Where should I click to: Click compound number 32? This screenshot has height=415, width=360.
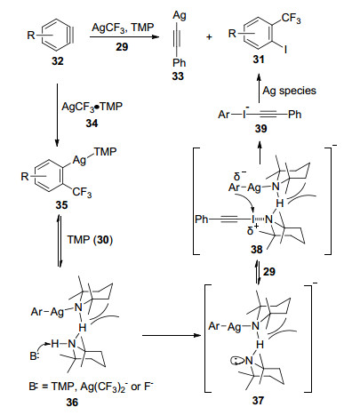pos(58,61)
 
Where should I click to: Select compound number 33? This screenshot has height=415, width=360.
pos(178,76)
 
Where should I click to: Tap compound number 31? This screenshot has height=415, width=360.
pos(259,60)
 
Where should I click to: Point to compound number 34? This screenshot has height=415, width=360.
pos(92,123)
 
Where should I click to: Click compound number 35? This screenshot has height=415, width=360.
pos(61,205)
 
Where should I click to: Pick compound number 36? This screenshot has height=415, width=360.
pos(72,403)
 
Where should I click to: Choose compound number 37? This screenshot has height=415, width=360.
pos(258,400)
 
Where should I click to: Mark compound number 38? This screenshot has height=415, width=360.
pos(257,250)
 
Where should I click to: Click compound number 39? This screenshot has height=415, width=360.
pos(260,128)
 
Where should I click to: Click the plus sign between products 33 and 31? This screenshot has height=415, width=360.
pos(209,37)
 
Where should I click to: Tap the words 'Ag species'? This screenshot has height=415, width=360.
pos(290,91)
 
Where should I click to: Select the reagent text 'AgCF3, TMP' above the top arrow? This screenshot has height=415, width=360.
pos(123,28)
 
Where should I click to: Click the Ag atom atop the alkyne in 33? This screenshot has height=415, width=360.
pos(180,15)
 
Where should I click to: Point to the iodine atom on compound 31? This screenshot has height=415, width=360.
pos(285,49)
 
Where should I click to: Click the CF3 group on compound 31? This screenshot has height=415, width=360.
pos(291,19)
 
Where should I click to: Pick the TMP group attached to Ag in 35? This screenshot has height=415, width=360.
pos(106,152)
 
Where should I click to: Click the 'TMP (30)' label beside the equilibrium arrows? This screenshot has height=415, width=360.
pos(90,240)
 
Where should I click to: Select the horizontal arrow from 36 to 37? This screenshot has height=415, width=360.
pos(172,335)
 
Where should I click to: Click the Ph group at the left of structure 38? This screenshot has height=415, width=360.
pos(202,219)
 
